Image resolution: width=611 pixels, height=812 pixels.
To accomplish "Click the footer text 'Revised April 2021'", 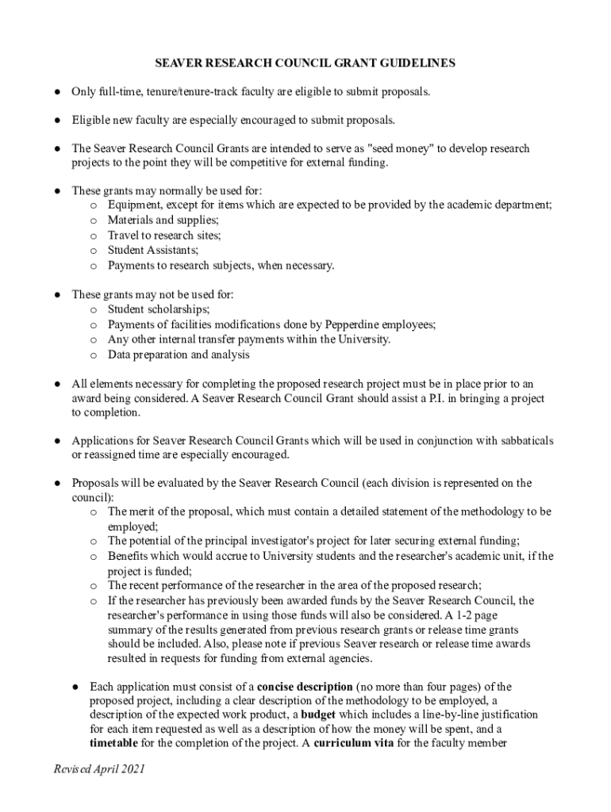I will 99,770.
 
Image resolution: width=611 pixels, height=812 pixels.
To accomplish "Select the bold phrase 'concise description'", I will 305,686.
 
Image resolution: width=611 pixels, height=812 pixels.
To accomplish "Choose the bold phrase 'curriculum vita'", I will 352,743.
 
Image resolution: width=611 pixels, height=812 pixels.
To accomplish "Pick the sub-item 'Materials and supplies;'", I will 163,220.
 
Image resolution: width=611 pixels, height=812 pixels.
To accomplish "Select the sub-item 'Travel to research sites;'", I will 164,235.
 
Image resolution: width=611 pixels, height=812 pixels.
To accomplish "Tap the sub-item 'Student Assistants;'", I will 153,250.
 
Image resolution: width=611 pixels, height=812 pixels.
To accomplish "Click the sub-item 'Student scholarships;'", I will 159,309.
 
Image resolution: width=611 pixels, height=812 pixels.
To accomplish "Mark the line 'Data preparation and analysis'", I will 179,354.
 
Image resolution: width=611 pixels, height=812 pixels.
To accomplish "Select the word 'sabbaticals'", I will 524,440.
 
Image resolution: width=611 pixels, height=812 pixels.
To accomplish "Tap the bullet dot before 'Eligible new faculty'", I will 58,121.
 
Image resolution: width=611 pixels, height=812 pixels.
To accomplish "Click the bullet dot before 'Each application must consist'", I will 76,687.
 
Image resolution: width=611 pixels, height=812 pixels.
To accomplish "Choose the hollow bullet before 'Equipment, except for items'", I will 93,205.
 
